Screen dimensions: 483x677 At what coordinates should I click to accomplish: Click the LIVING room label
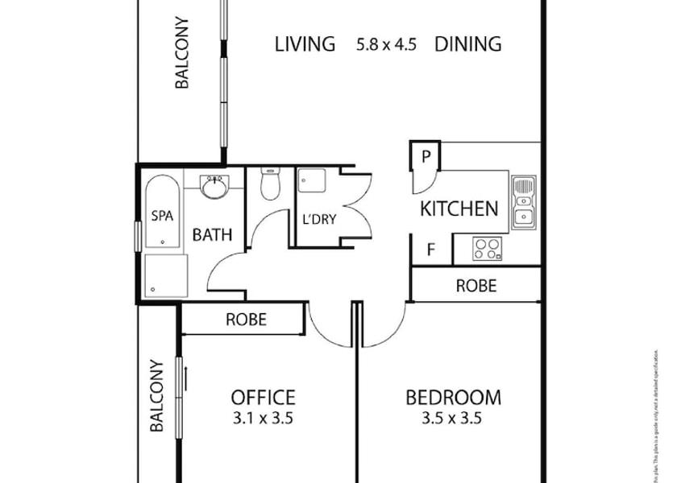[x=305, y=43]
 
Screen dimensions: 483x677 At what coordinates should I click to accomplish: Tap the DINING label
[x=467, y=43]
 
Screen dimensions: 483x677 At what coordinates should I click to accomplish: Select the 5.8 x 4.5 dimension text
[x=386, y=44]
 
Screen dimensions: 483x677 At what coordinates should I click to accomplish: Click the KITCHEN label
[x=459, y=209]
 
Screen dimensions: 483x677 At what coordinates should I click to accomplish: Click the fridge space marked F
[x=430, y=250]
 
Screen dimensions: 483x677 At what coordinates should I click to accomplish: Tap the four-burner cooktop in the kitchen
[x=486, y=249]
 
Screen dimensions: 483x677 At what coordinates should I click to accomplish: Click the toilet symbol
[x=270, y=184]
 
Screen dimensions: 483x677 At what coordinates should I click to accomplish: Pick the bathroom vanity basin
[x=214, y=188]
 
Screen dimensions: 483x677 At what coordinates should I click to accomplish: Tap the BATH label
[x=212, y=235]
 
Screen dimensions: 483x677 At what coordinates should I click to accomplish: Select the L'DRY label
[x=318, y=220]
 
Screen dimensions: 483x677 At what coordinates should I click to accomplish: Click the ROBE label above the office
[x=246, y=320]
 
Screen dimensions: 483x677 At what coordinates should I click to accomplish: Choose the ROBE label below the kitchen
[x=476, y=286]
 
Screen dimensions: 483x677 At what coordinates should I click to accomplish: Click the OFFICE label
[x=263, y=397]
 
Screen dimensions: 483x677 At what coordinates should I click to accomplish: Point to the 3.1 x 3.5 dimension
[x=263, y=418]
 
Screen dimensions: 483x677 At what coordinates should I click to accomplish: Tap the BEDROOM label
[x=452, y=397]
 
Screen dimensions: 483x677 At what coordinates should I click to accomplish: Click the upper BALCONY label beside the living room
[x=182, y=52]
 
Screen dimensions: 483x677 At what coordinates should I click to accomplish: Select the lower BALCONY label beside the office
[x=157, y=396]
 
